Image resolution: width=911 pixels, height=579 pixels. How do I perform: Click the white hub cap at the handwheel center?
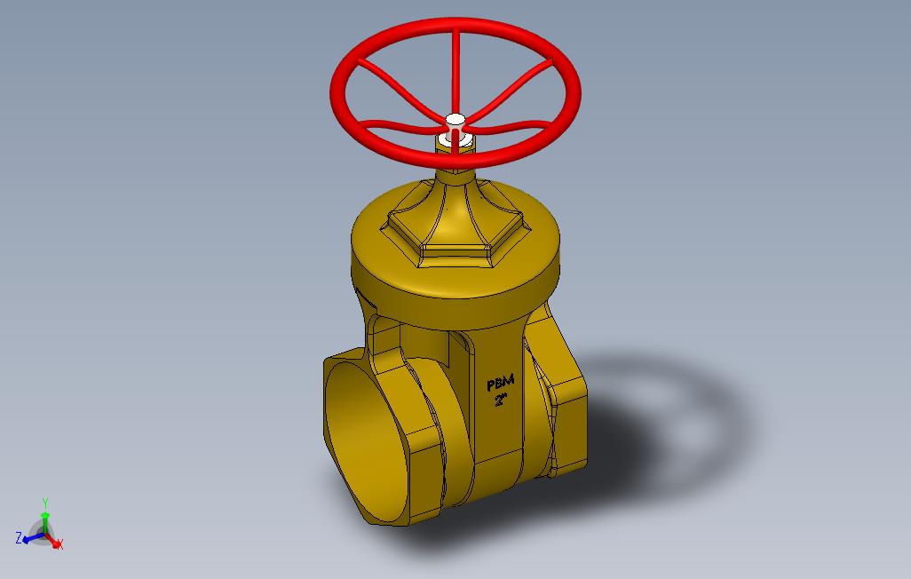[x=455, y=119]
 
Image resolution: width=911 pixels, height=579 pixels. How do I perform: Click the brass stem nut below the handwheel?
[x=454, y=145]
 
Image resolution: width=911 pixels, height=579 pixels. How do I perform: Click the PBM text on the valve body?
[x=500, y=383]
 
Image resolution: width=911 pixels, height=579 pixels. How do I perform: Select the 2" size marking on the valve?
[x=500, y=400]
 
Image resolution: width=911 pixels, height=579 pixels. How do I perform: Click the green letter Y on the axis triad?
[x=44, y=503]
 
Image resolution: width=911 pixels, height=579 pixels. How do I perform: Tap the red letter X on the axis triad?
[x=60, y=543]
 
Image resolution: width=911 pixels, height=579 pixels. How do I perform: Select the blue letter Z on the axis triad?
[x=19, y=537]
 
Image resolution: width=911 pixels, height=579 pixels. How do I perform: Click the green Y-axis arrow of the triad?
[x=44, y=520]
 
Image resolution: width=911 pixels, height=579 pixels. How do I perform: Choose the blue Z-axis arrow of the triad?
[x=32, y=536]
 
